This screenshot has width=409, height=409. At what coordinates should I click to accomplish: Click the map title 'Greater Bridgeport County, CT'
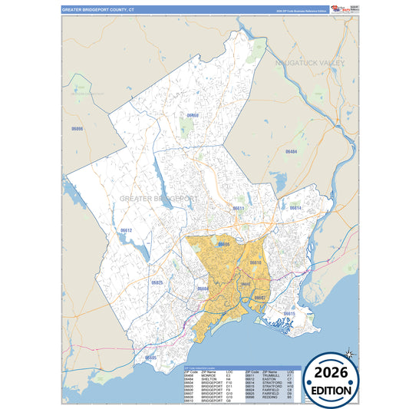pos(97,11)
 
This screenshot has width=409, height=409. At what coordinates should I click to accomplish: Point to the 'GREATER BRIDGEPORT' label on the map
pos(160,198)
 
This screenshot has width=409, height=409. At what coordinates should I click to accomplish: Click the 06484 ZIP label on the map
pos(292,152)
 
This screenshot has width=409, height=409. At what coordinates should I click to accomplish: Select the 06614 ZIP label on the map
pos(295,208)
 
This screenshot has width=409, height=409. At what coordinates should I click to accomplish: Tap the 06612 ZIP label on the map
pos(127,230)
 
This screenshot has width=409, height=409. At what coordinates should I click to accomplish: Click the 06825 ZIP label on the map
pos(157,282)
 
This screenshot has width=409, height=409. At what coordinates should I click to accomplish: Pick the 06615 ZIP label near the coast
pos(289,314)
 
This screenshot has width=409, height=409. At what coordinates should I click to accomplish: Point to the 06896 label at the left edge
pos(77,129)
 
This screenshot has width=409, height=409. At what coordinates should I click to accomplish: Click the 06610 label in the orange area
pos(256,263)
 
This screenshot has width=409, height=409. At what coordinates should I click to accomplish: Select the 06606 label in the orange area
pos(223,244)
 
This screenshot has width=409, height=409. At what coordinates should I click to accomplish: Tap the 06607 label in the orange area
pos(260,297)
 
